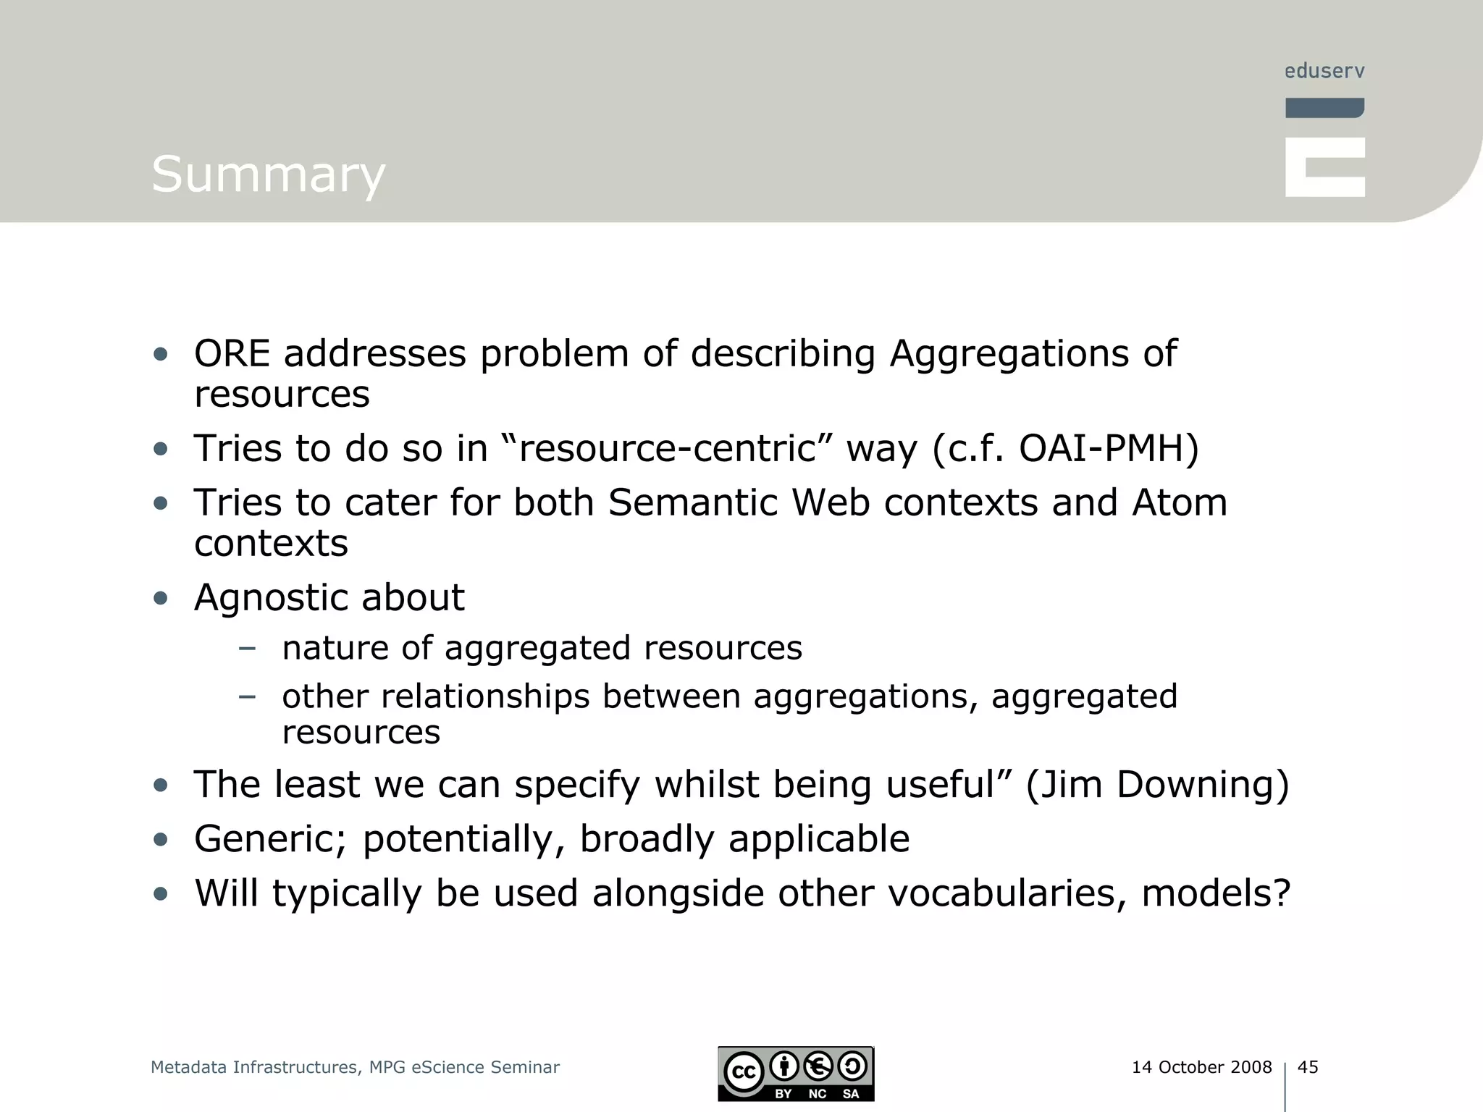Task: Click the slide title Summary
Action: [268, 174]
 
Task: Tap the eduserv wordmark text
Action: [1324, 71]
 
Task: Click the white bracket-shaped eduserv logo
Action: [1324, 167]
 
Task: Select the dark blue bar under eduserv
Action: [1324, 108]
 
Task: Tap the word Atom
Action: [1180, 502]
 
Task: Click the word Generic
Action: [270, 839]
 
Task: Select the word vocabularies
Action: [1007, 893]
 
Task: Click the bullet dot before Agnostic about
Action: [161, 599]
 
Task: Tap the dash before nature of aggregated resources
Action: [247, 648]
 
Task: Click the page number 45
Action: [1308, 1067]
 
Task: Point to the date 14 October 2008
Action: [1201, 1067]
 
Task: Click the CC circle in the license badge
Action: [744, 1072]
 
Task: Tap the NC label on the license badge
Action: [817, 1094]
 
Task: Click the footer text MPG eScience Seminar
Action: [464, 1067]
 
